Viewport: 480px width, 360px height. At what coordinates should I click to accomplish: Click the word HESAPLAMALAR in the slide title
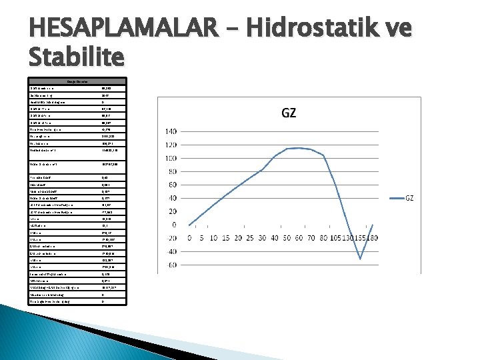tap(123, 29)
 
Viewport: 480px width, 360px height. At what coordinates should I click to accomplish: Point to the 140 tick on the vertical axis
tap(172, 131)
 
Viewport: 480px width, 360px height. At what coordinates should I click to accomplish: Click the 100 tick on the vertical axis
tap(172, 158)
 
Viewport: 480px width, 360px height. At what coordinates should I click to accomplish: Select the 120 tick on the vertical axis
tap(172, 145)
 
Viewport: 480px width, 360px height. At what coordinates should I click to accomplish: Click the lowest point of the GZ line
tap(361, 259)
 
